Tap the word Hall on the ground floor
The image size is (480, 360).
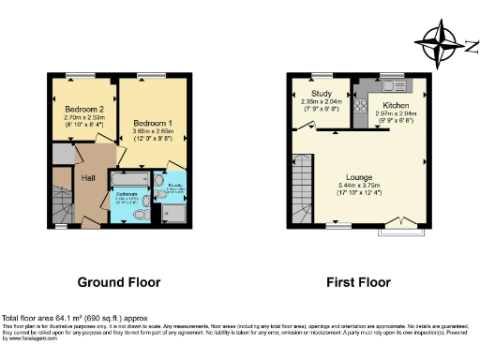click(88, 177)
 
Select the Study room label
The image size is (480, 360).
click(321, 94)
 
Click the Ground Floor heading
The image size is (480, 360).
click(120, 281)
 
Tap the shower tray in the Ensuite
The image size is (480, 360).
click(175, 215)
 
